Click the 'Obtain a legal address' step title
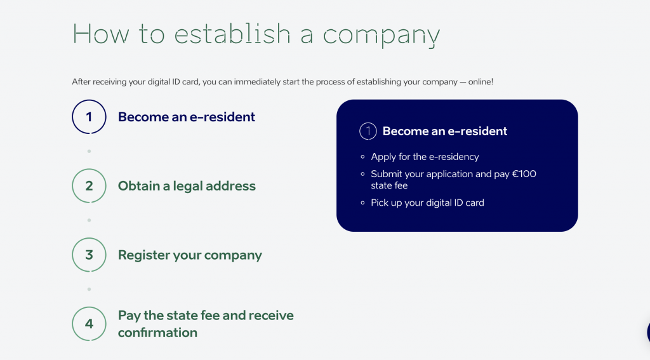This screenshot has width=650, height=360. click(x=187, y=186)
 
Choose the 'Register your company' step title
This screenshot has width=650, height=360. click(x=190, y=255)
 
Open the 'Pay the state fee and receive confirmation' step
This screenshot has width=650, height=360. click(x=206, y=324)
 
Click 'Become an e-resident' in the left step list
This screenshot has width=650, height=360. click(x=187, y=117)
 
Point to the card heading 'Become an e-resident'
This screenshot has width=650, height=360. click(x=445, y=131)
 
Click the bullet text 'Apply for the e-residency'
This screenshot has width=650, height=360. click(x=425, y=157)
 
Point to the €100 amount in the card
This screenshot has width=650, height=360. click(x=524, y=174)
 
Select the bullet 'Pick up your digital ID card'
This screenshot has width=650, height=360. click(x=427, y=203)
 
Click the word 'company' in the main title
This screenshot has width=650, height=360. click(x=381, y=35)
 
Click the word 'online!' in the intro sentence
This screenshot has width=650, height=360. click(x=481, y=82)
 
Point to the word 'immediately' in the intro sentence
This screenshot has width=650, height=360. click(x=257, y=82)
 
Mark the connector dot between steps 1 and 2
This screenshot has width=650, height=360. click(x=89, y=151)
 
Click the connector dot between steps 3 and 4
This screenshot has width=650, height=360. click(x=89, y=289)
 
